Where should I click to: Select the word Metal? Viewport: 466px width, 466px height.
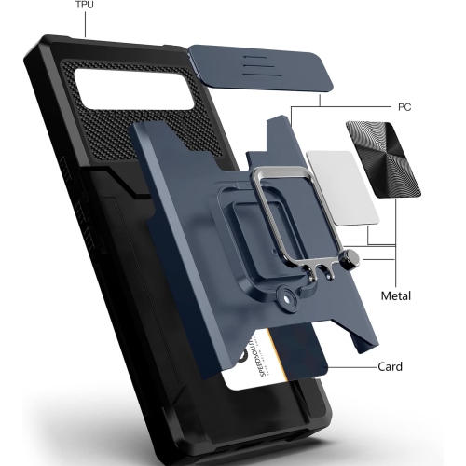tap(403, 297)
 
